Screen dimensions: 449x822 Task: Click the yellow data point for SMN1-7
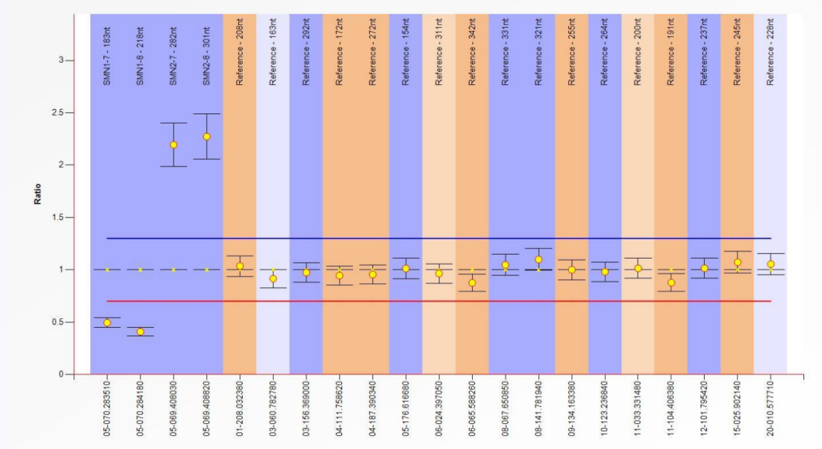point(107,323)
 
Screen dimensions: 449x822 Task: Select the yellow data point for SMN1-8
point(141,332)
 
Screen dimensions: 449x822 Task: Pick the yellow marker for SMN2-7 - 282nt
point(174,145)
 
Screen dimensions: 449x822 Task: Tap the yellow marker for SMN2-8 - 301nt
point(207,137)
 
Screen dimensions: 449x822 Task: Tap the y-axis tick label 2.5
point(64,113)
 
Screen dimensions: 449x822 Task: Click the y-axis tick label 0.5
point(64,322)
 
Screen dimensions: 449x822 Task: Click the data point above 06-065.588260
point(472,283)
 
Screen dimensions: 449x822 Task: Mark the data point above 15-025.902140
point(737,262)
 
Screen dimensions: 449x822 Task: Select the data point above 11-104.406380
point(671,283)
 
